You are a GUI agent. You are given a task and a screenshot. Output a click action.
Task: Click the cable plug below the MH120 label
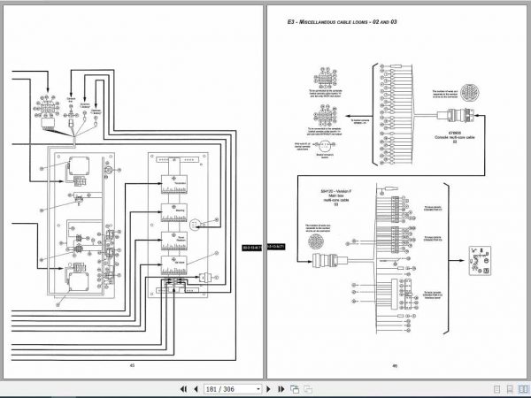click(322, 260)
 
